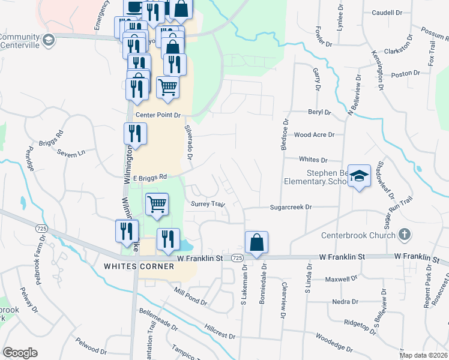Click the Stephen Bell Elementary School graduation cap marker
(x=359, y=176)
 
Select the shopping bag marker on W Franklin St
(x=256, y=243)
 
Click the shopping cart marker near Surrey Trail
(x=157, y=204)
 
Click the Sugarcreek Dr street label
(x=292, y=206)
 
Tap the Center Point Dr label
(x=158, y=115)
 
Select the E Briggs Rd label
(x=149, y=177)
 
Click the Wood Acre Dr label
(x=314, y=136)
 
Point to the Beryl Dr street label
(x=319, y=112)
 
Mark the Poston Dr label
(x=406, y=74)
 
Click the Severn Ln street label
(x=71, y=154)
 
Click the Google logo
(x=20, y=352)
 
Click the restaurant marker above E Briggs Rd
(x=135, y=134)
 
